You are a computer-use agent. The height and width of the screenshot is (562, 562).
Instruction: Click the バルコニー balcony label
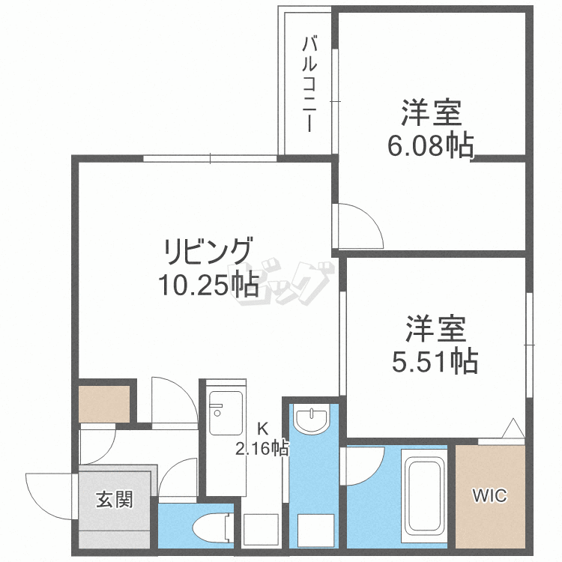pos(309,83)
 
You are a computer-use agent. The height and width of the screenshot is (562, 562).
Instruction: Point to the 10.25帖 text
pos(208,285)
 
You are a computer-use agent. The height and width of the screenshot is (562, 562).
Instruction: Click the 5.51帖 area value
pos(435,362)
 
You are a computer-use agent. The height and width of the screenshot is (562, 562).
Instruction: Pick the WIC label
pos(489,495)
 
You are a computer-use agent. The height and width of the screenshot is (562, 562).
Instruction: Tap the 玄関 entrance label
pos(115,499)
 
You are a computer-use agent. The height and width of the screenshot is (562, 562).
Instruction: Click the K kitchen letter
pos(262,429)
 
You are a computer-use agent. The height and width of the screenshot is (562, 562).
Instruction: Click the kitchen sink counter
pos(225,413)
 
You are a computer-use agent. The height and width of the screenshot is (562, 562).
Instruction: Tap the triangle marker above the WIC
pos(513,429)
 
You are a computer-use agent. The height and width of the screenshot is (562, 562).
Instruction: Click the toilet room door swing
pos(177,479)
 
